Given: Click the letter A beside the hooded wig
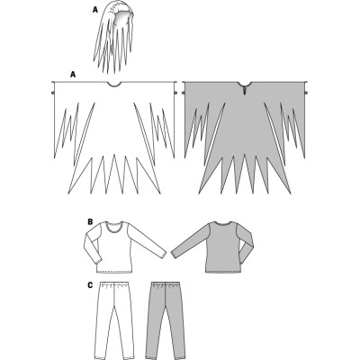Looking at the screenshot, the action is coord(94,10).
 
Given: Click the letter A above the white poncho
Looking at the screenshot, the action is coord(72,76).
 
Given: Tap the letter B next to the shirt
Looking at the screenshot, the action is coord(90,222).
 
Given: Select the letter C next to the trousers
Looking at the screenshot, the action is coord(90,285).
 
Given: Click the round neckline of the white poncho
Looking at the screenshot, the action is coord(114,85).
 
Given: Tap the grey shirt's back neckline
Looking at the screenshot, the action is coord(223,224).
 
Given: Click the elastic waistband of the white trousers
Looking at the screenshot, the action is coord(114,283).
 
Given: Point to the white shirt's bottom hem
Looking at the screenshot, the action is coord(115,272).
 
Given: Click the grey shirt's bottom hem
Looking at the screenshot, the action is coord(223,272).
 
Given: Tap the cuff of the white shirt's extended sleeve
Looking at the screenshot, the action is coord(163,254).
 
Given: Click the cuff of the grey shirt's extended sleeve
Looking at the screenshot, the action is coord(175,254).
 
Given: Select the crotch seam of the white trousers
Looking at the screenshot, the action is coord(114,299).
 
